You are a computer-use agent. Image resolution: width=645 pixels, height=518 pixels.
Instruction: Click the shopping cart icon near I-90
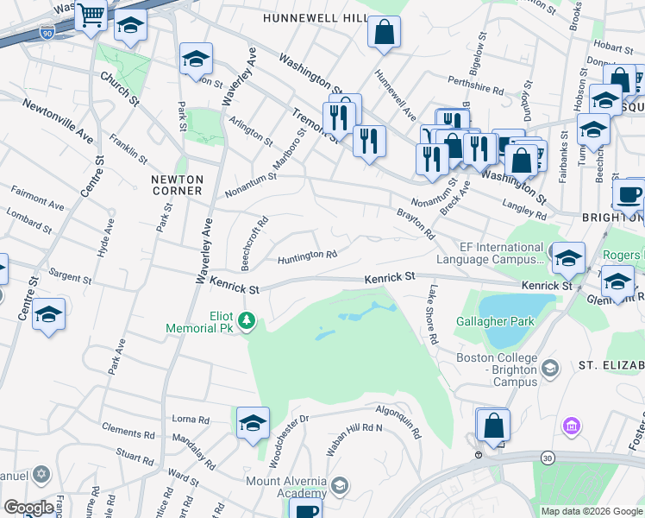(x=91, y=16)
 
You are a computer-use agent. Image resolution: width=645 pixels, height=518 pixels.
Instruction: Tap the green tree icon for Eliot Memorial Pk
(x=247, y=322)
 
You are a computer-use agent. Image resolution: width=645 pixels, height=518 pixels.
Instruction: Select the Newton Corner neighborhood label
(x=177, y=185)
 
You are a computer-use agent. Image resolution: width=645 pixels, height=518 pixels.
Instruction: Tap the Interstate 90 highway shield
(x=46, y=33)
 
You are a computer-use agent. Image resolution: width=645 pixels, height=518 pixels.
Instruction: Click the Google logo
(x=28, y=508)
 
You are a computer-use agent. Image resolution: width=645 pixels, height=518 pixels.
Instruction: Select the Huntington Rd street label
(x=306, y=256)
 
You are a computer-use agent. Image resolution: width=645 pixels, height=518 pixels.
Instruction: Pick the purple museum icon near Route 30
(x=569, y=426)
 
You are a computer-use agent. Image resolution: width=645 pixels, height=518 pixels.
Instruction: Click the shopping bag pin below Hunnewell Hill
(x=384, y=33)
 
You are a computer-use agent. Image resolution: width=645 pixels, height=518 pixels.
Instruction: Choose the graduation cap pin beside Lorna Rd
(x=252, y=423)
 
